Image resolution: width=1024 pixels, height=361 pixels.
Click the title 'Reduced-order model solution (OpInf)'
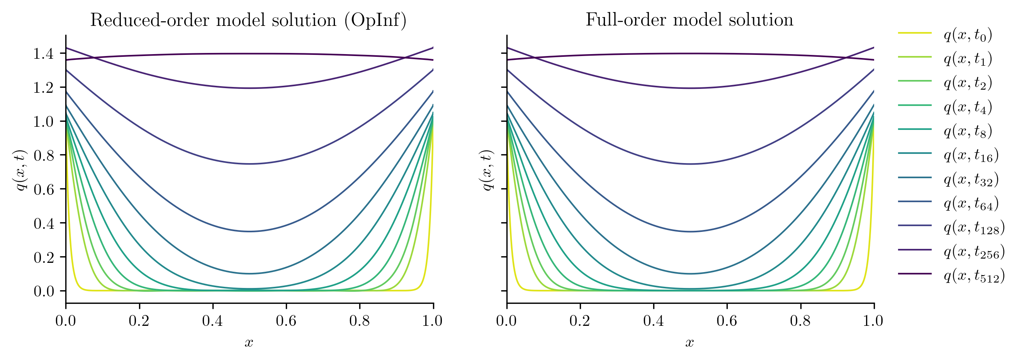tap(248, 20)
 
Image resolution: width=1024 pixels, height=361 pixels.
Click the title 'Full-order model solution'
tap(689, 20)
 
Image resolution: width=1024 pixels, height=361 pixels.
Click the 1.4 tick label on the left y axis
tap(43, 54)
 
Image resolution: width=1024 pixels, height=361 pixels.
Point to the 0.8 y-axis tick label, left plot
tap(43, 155)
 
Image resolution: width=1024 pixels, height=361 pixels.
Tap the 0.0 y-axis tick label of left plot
tap(43, 291)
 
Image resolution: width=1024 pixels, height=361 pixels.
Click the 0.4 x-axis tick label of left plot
tap(212, 321)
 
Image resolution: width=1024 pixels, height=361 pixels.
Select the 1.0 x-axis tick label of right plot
tap(873, 321)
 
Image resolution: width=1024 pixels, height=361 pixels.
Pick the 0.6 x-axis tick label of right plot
tap(727, 321)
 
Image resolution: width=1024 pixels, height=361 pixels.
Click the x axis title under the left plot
tap(249, 343)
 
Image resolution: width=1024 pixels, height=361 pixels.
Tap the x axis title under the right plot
tap(690, 343)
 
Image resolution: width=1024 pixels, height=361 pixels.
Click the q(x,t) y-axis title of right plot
tap(487, 170)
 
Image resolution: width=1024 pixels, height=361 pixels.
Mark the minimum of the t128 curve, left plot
tap(249, 164)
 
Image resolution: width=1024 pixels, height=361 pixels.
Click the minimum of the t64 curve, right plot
tap(690, 232)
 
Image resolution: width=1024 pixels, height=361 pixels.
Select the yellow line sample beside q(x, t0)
tap(915, 33)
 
